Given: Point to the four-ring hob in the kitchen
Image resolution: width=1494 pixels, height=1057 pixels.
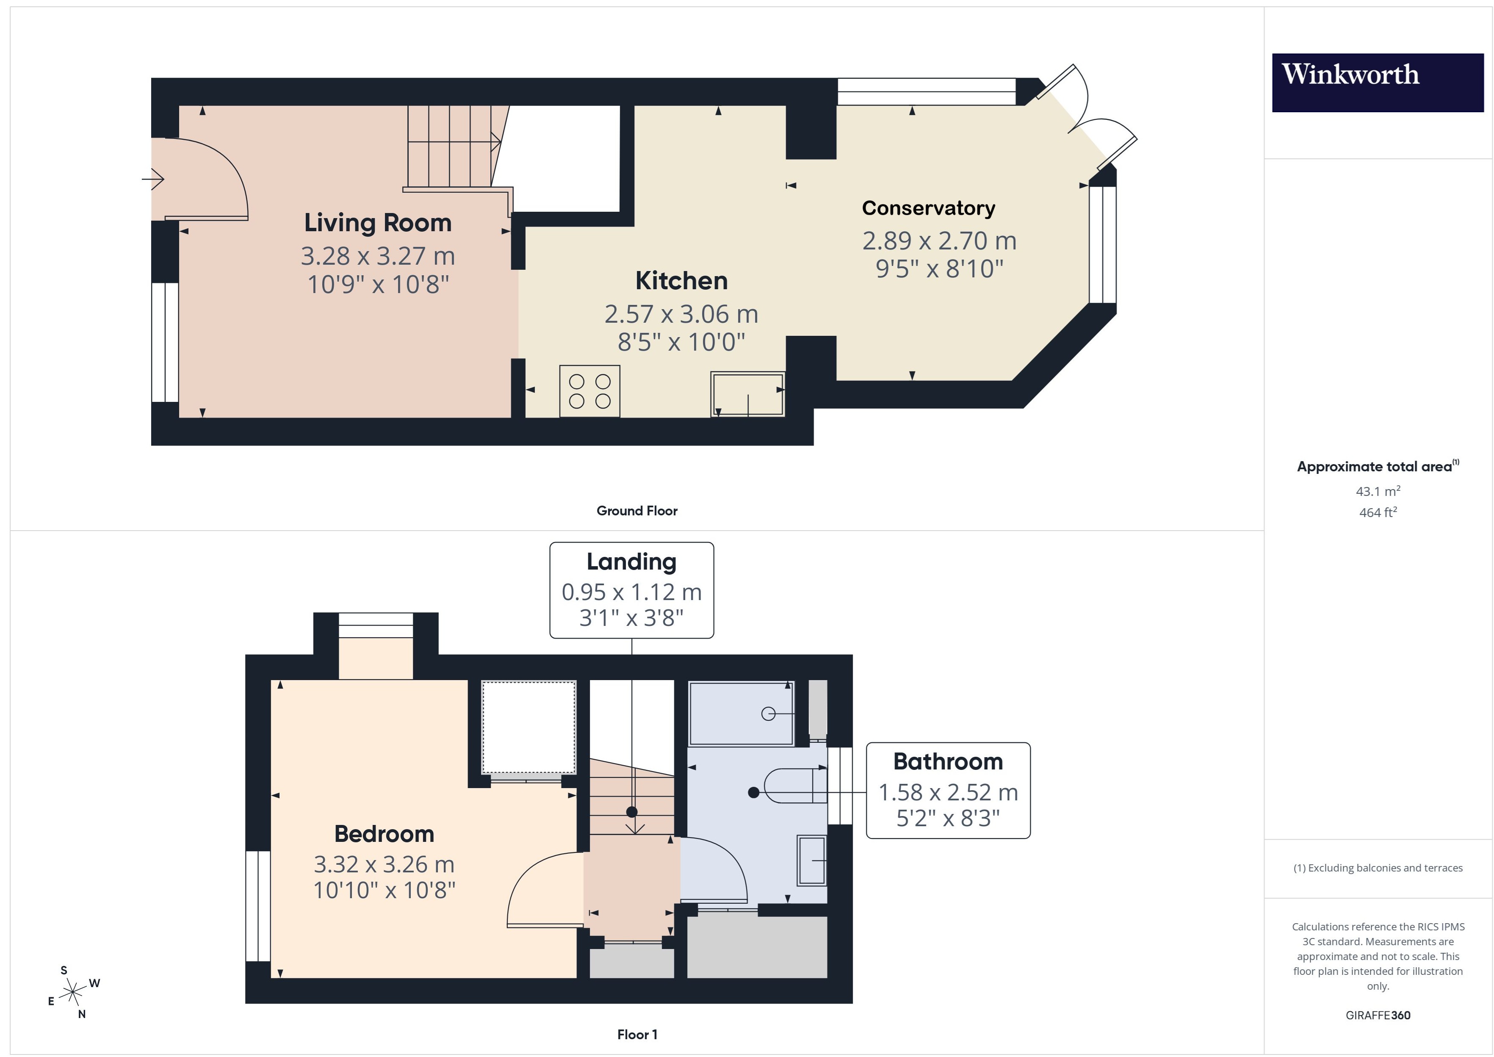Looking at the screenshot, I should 589,391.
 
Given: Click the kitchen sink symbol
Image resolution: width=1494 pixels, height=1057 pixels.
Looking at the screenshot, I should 748,394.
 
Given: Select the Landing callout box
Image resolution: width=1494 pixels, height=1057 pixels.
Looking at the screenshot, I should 631,589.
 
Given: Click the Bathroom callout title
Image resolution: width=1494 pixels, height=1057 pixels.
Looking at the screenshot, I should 947,761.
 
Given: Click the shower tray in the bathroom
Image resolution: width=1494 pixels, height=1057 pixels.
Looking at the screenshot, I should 741,713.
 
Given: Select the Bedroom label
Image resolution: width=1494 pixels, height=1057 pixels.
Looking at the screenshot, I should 384,834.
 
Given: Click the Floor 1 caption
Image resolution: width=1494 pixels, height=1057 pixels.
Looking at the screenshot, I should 636,1034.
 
